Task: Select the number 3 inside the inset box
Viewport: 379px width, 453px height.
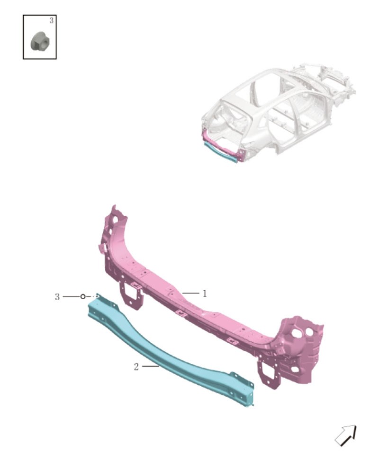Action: pos(52,20)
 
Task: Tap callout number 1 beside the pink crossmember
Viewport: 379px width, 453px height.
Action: pos(205,293)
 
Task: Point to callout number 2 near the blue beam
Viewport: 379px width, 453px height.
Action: pos(136,367)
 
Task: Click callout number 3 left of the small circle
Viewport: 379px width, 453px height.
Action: pos(57,297)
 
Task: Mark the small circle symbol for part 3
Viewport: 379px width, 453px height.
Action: pos(83,296)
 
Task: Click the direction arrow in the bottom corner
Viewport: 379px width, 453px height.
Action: pos(346,435)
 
